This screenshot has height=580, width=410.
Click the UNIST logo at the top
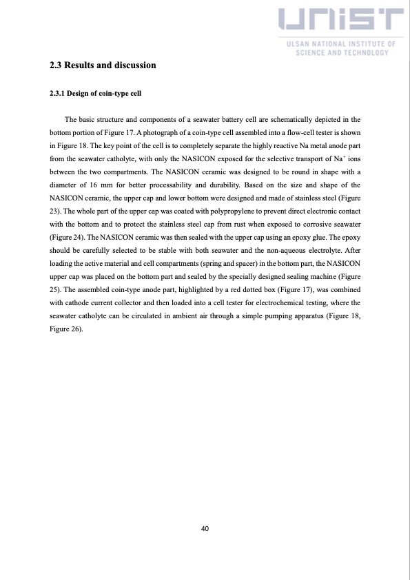340,23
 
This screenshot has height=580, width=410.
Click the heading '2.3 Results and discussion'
103,65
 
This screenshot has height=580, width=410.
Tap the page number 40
205,529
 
